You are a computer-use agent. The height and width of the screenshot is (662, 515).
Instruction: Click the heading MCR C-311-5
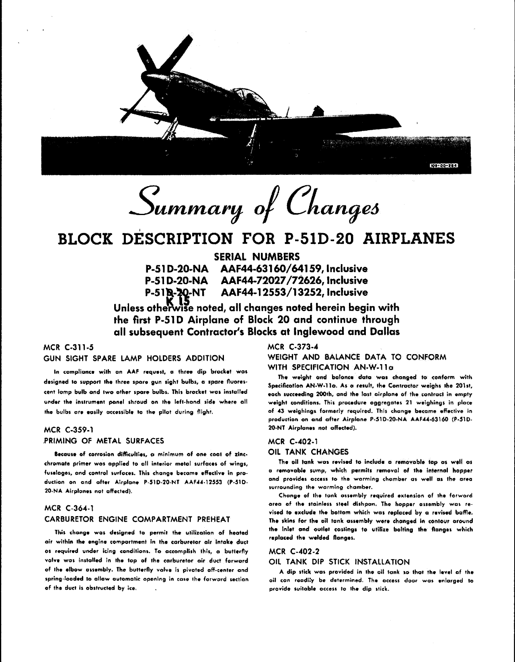tap(68, 347)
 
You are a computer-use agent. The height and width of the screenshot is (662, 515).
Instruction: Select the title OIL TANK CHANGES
tap(308, 452)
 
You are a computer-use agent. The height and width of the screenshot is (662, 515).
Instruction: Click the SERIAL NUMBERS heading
tap(257, 257)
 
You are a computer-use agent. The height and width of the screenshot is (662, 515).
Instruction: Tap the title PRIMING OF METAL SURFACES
tap(104, 441)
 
